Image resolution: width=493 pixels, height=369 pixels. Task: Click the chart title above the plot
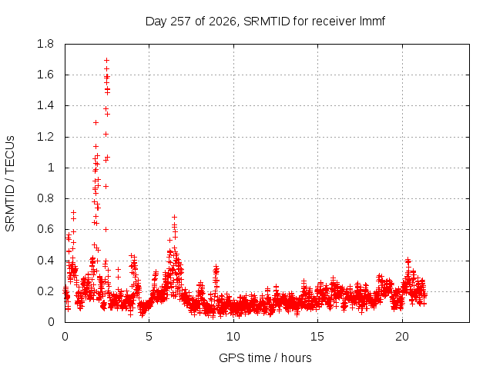pos(265,22)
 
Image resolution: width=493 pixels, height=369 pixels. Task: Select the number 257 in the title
pos(181,22)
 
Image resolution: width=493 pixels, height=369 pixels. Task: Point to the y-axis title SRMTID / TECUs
pos(10,184)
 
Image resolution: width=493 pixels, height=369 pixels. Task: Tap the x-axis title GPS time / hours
pos(265,357)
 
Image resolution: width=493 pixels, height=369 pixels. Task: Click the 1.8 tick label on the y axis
pos(45,44)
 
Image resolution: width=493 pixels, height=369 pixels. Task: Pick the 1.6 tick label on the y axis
pos(45,75)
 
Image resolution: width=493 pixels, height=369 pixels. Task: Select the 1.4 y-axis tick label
pos(45,106)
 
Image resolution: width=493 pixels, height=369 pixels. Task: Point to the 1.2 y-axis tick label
pos(45,137)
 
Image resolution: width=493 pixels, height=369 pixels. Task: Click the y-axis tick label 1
pos(51,168)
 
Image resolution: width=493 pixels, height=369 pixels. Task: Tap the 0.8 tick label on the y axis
pos(45,198)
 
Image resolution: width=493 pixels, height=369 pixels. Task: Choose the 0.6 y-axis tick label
pos(45,229)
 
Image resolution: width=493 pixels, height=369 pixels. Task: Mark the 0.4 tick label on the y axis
pos(45,261)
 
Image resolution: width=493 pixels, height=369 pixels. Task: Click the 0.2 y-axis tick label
pos(45,291)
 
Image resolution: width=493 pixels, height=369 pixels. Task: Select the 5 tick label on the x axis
pos(149,337)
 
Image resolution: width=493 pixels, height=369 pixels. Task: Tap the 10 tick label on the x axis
pos(233,337)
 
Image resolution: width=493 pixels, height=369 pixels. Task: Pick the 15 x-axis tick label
pos(317,337)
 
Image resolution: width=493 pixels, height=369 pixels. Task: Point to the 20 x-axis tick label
pos(402,337)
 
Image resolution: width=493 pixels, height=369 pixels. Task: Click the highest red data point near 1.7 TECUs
pos(106,60)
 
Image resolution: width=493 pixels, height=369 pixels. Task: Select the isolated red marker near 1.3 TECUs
pos(96,123)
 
